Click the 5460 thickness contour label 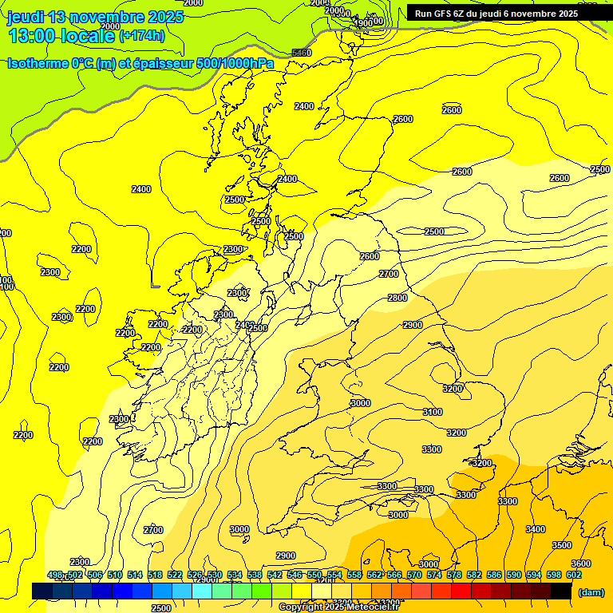coord(302,53)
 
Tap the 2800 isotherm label coord(397,298)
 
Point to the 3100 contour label coord(432,412)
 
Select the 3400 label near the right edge coord(536,529)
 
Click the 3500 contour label coord(562,545)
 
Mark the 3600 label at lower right coord(581,564)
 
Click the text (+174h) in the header coord(142,35)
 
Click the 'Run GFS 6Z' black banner coord(496,14)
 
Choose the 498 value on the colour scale coord(54,575)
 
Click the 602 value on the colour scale coord(574,575)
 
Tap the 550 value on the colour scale coord(314,575)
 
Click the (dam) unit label coord(591,591)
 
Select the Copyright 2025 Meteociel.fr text coord(338,607)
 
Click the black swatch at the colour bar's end coord(561,591)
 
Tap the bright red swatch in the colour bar coord(461,591)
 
